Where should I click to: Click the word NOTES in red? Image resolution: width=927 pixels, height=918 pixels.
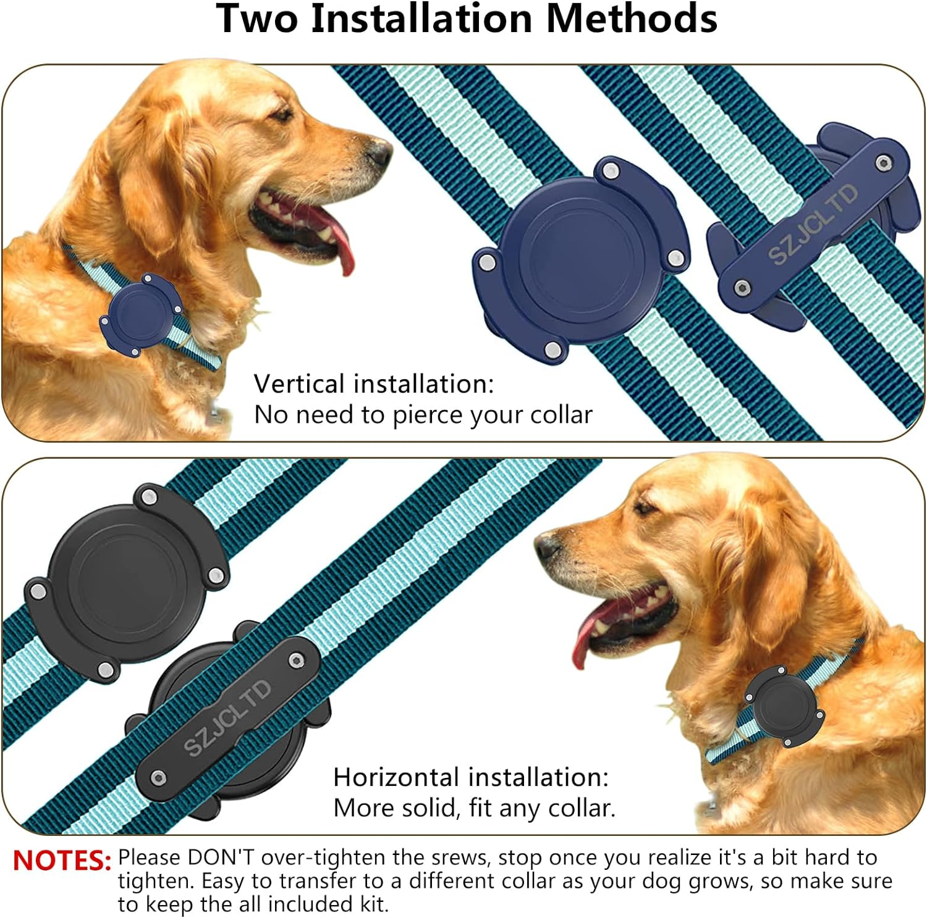coord(61,861)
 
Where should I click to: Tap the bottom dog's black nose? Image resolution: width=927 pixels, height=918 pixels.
coord(548,545)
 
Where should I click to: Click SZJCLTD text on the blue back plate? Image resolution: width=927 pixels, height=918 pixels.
coord(813,223)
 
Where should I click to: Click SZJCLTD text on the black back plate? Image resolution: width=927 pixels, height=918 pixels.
coord(227,717)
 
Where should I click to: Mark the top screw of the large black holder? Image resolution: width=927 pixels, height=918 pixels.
coord(149,496)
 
